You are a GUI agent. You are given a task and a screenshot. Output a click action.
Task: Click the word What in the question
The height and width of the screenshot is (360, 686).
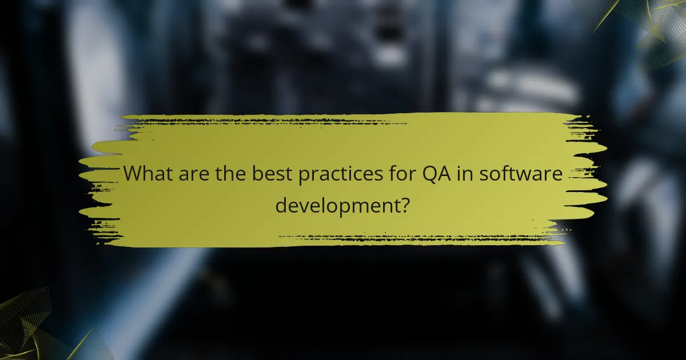(147, 174)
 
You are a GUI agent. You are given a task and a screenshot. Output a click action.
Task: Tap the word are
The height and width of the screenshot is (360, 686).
(193, 174)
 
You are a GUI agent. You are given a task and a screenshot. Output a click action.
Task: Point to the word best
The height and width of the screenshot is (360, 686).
(271, 174)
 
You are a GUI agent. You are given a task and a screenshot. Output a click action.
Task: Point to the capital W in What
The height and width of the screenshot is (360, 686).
(132, 174)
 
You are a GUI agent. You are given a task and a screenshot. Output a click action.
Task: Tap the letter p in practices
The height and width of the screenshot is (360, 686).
(304, 176)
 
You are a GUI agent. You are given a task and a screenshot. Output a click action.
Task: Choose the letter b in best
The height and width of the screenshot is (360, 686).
(257, 174)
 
